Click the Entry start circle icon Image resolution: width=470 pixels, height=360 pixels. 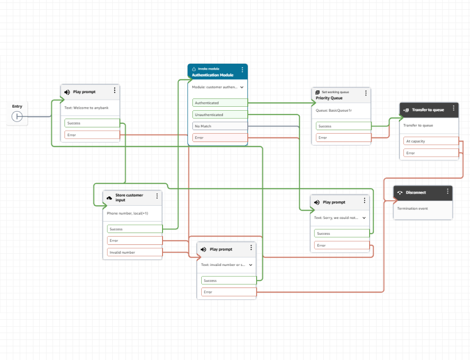[x=17, y=116]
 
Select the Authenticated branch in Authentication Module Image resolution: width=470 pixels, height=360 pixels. [x=220, y=103]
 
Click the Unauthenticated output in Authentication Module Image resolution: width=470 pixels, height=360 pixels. [x=220, y=115]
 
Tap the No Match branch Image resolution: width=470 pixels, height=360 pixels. [x=220, y=126]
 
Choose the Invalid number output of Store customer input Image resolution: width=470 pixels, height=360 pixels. [x=135, y=252]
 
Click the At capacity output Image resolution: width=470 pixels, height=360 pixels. [x=431, y=141]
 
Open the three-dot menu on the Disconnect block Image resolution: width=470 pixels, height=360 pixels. [x=447, y=192]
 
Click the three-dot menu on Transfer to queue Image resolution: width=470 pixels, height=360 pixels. [x=453, y=109]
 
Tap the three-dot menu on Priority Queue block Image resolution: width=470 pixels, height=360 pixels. [x=366, y=93]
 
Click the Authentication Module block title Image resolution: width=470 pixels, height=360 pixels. [x=212, y=75]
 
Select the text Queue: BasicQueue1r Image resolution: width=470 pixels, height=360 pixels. [x=334, y=111]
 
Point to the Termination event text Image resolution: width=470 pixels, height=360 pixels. [x=412, y=208]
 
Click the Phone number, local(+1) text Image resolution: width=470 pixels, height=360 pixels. [x=127, y=214]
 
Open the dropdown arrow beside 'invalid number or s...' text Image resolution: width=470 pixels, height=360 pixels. [x=251, y=264]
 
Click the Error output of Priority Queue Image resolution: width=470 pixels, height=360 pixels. [x=343, y=138]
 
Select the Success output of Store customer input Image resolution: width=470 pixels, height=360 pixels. [x=135, y=229]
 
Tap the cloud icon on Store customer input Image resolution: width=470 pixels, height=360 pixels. [x=110, y=197]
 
